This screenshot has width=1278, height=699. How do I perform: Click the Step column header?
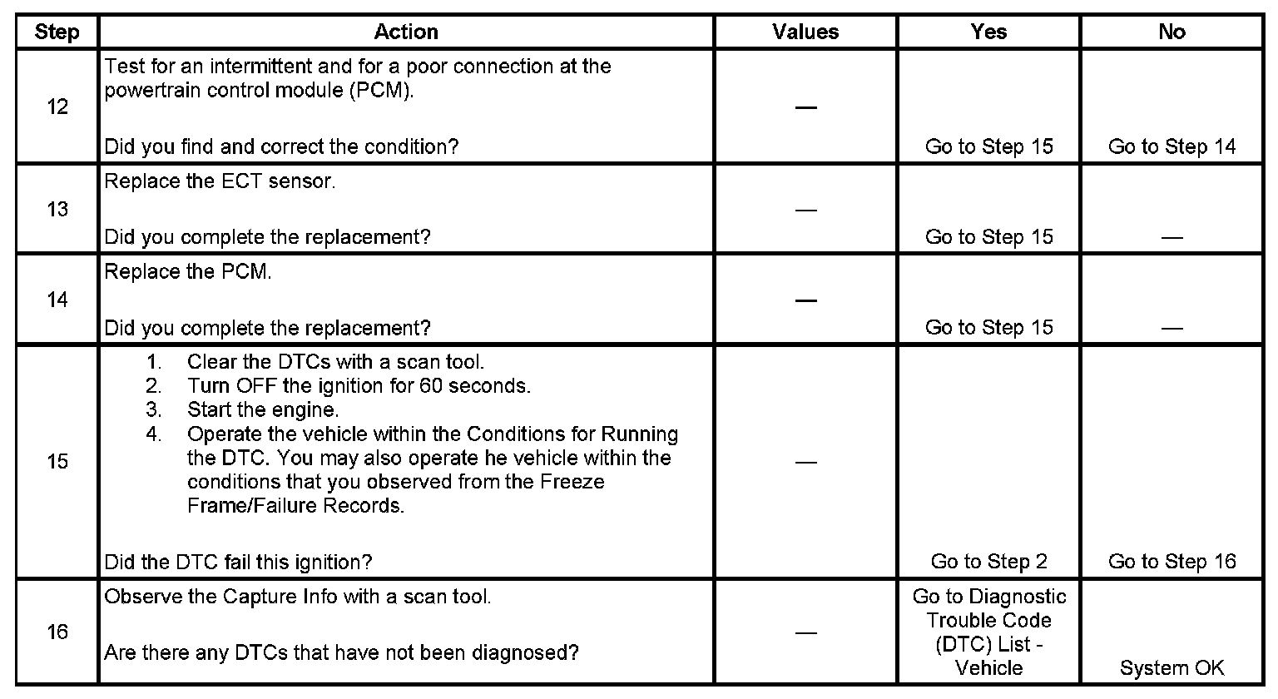coord(57,32)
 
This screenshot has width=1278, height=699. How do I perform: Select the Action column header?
coord(406,32)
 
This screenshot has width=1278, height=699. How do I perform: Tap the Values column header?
coord(805,32)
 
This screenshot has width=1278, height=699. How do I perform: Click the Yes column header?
coord(988,32)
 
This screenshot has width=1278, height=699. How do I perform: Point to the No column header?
coord(1171,32)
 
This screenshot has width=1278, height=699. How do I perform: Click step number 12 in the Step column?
coord(57,107)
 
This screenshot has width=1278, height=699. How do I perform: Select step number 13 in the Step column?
coord(57,209)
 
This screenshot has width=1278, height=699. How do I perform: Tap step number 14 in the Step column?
coord(57,300)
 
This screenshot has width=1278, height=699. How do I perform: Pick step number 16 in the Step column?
coord(57,632)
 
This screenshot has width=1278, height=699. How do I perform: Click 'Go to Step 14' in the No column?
coord(1171,147)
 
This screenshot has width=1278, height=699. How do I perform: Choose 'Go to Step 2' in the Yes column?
coord(988,562)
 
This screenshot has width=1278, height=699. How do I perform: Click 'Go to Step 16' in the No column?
coord(1171,562)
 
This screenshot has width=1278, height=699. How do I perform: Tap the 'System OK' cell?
coord(1171,668)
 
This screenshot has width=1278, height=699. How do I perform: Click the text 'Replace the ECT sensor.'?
coord(220,182)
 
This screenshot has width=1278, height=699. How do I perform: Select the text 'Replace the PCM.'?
coord(187,272)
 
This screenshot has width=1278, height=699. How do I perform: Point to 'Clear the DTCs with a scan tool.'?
coord(335,362)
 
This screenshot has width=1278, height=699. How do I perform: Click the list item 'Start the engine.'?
coord(263,410)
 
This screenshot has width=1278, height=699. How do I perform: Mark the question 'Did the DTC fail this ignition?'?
coord(238,562)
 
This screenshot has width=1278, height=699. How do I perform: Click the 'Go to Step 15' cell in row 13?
coord(988,237)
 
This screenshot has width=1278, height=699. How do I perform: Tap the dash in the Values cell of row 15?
coord(805,462)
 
